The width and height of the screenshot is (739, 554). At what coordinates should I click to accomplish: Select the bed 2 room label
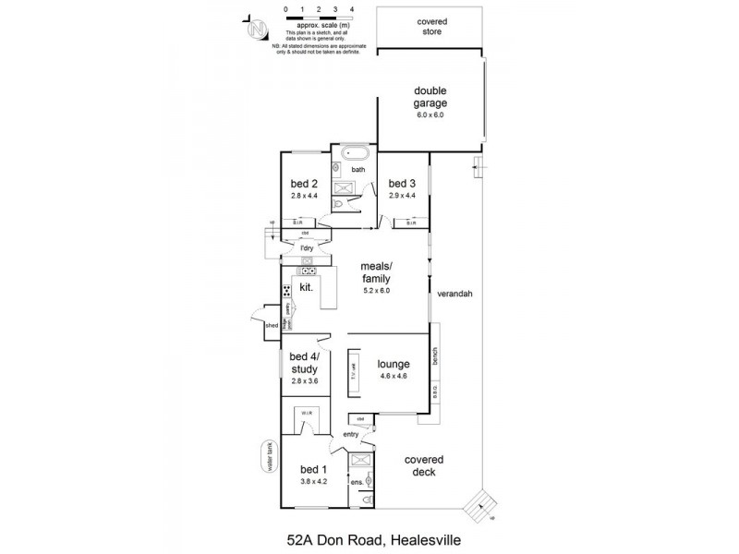[x=304, y=183]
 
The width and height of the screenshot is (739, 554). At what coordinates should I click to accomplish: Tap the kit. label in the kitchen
[x=307, y=287]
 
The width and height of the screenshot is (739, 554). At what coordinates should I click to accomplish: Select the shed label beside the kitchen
[x=272, y=325]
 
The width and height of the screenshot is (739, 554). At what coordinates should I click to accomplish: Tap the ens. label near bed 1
[x=356, y=481]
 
